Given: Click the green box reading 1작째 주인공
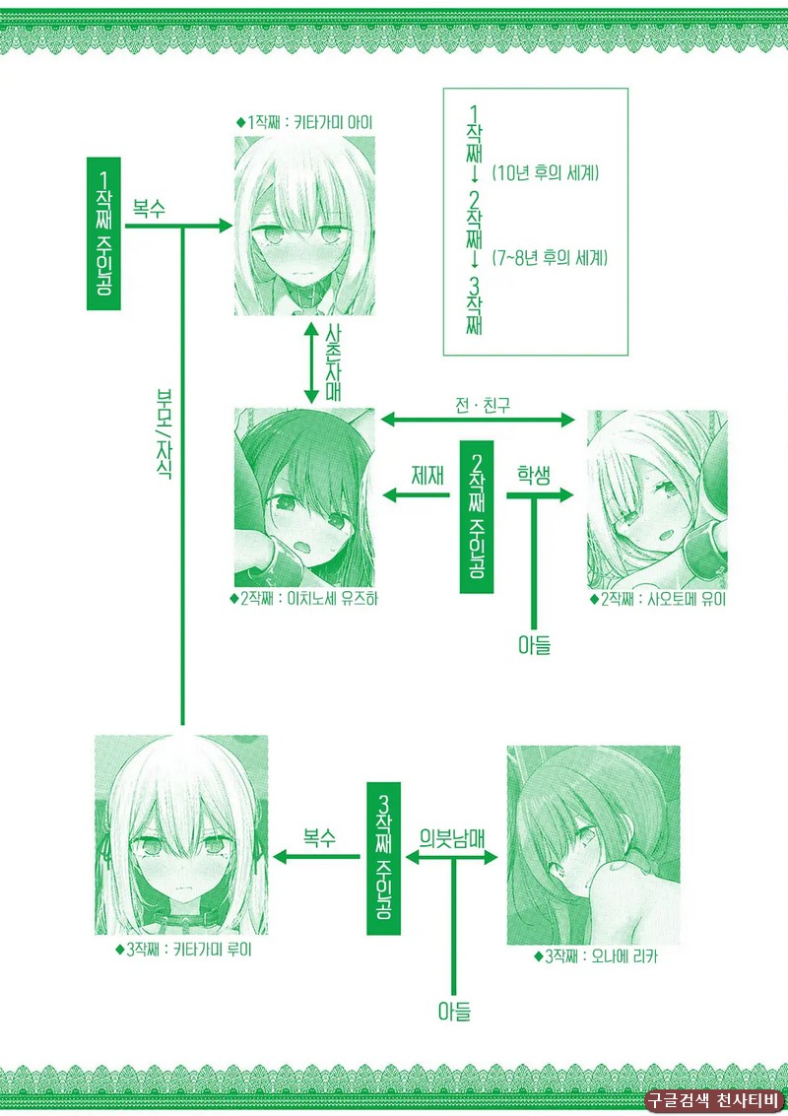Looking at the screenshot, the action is (x=104, y=233).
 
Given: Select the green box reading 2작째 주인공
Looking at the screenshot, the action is (x=476, y=517).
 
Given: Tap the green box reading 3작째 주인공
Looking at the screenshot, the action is (x=384, y=858).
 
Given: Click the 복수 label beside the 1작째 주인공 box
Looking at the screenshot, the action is (x=149, y=209).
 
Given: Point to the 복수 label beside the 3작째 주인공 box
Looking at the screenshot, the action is (x=319, y=837).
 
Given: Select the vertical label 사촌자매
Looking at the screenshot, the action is (x=333, y=362).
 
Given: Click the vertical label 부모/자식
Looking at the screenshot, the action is (x=164, y=433).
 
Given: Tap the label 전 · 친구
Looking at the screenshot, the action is (x=483, y=406).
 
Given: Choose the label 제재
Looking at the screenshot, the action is (x=427, y=476).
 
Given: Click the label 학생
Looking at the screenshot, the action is (x=534, y=476).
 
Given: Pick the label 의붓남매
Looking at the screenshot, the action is (x=452, y=838).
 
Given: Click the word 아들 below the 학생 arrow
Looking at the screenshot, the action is (x=534, y=645).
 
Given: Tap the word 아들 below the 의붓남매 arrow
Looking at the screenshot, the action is (x=454, y=1011).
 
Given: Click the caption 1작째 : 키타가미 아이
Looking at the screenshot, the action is (x=304, y=122).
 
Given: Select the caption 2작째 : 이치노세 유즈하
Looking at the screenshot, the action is (x=304, y=599).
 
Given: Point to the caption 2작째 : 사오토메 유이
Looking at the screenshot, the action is (x=658, y=599).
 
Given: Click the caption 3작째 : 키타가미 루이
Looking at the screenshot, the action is (x=183, y=950).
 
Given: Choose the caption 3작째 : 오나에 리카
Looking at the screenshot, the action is (x=596, y=956).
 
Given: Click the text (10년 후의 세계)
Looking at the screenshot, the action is (x=546, y=172).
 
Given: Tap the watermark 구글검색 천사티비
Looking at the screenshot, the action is (x=714, y=1100).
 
